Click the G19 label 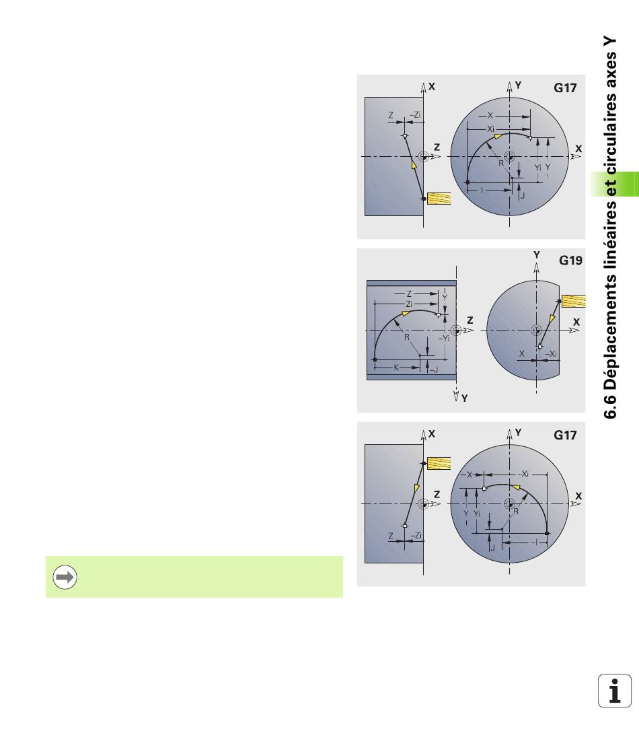click(570, 260)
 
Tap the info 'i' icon click(615, 691)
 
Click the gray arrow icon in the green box click(65, 577)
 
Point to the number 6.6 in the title click(610, 406)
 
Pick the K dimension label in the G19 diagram click(396, 368)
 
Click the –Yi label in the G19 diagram click(445, 339)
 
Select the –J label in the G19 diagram click(433, 370)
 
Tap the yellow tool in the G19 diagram click(573, 301)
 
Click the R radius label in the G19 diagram click(406, 337)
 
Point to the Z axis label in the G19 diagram click(470, 320)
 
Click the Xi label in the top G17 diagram click(490, 129)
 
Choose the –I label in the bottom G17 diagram click(535, 542)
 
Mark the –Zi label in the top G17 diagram click(415, 114)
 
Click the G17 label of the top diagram click(565, 88)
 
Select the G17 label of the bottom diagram click(565, 435)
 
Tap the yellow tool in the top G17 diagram click(439, 199)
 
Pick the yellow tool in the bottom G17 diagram click(439, 463)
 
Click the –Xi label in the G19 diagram click(551, 354)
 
